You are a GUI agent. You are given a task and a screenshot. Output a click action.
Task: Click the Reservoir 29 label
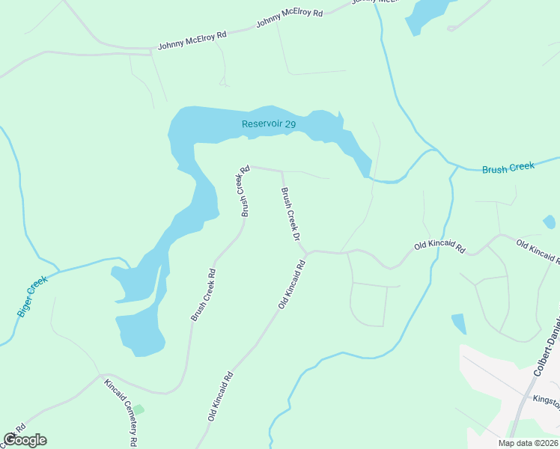pyautogui.click(x=269, y=124)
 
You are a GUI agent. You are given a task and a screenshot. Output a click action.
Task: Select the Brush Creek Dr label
pyautogui.click(x=290, y=214)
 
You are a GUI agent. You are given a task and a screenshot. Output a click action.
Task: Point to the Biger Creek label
pyautogui.click(x=32, y=296)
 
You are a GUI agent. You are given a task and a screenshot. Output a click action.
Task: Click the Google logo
pyautogui.click(x=25, y=440)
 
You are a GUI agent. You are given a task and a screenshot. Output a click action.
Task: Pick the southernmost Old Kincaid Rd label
pyautogui.click(x=222, y=396)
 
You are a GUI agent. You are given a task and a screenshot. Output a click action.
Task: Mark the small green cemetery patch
pyautogui.click(x=138, y=409)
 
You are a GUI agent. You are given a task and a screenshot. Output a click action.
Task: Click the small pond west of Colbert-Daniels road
pyautogui.click(x=458, y=324)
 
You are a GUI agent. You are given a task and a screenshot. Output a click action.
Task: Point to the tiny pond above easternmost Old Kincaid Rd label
pyautogui.click(x=550, y=222)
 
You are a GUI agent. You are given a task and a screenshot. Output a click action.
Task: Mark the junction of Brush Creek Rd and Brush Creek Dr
pyautogui.click(x=281, y=171)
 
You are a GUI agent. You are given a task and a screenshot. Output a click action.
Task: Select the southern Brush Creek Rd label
pyautogui.click(x=203, y=295)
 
